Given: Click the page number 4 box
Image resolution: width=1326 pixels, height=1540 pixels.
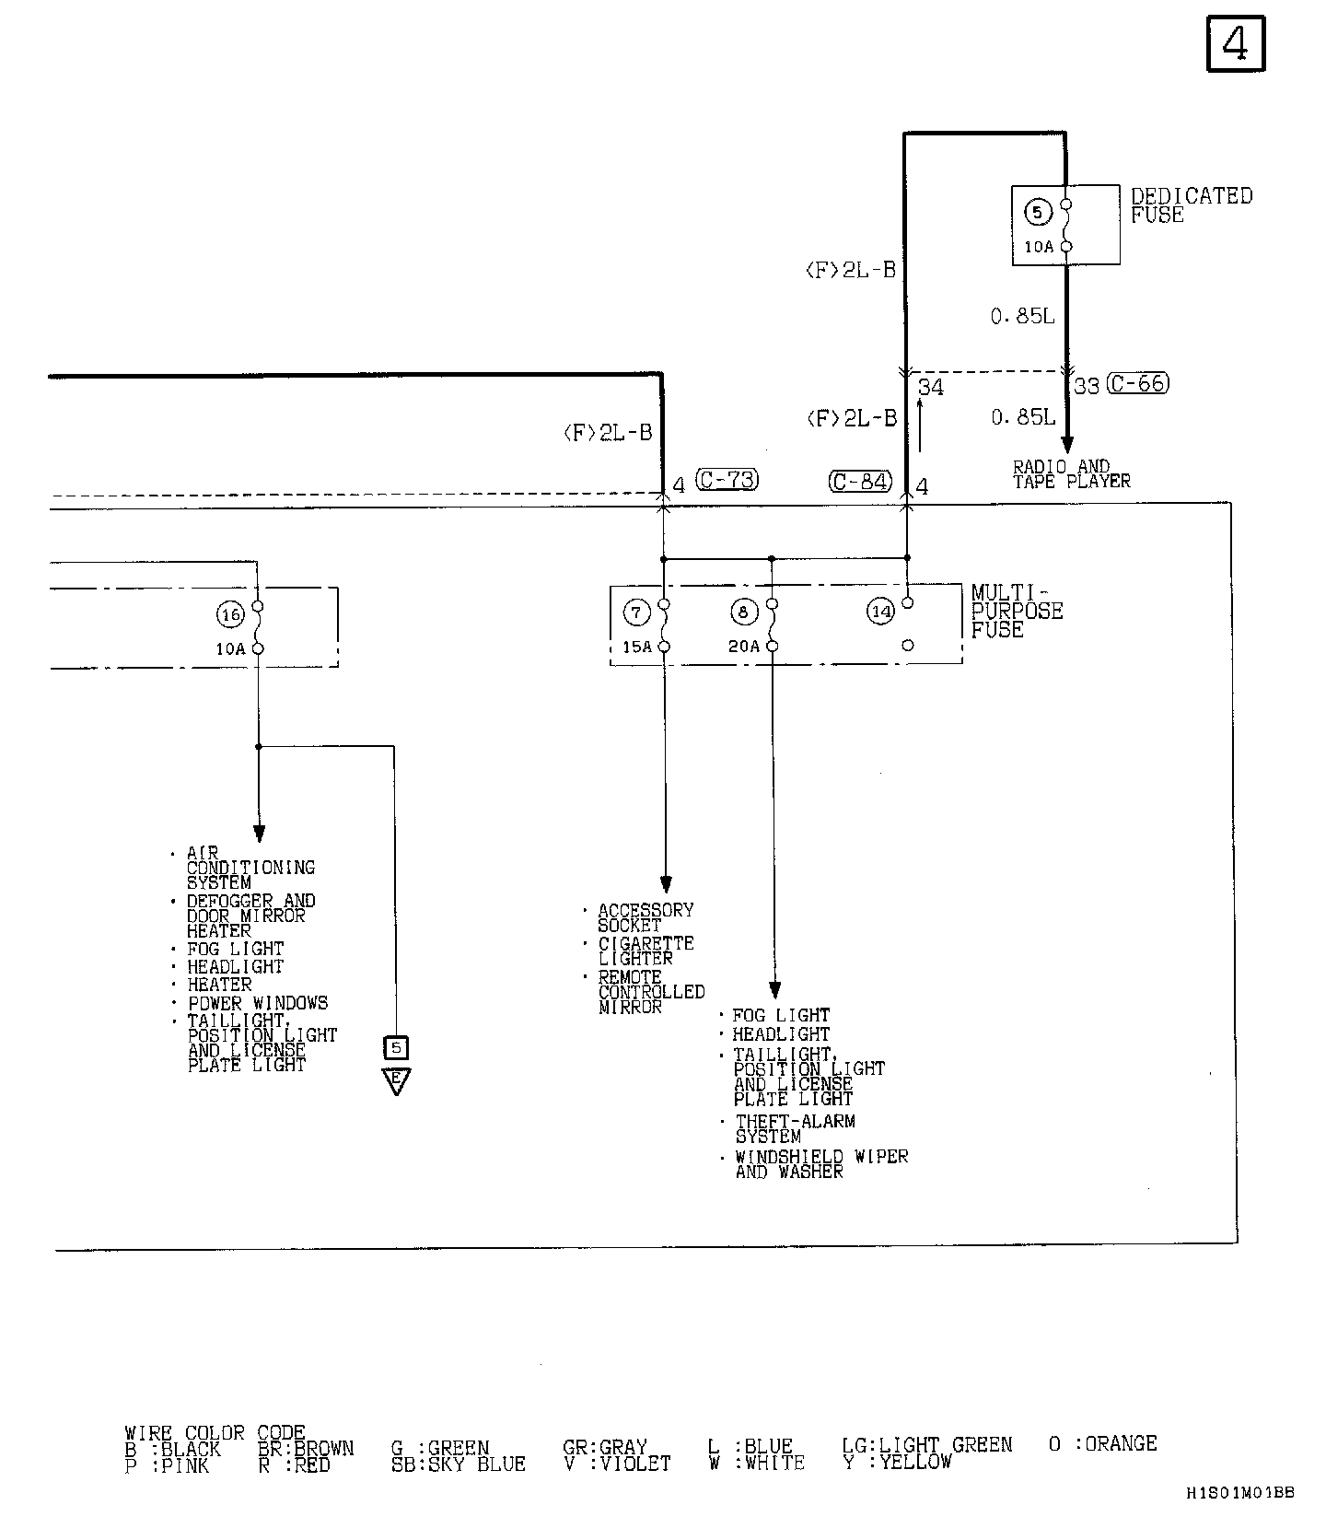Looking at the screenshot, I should click(x=1236, y=43).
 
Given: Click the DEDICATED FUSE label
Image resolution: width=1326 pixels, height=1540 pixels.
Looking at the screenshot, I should click(x=1191, y=205).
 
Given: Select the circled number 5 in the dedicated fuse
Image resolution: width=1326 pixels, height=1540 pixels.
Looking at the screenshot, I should click(x=1038, y=213).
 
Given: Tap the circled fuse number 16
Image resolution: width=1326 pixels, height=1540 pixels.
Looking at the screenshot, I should click(x=229, y=614).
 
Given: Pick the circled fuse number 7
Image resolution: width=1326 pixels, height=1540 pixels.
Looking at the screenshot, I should click(x=636, y=612).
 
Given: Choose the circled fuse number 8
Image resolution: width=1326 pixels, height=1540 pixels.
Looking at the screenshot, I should click(x=744, y=612).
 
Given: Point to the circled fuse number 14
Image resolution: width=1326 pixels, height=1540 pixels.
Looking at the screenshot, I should click(x=881, y=611).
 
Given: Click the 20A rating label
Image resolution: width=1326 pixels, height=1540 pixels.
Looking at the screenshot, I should click(x=744, y=647).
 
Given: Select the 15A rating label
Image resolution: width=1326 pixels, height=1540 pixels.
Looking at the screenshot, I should click(x=637, y=647).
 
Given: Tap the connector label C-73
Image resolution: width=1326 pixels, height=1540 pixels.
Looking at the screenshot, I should click(x=727, y=480).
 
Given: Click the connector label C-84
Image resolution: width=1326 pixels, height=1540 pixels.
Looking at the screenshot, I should click(x=860, y=481).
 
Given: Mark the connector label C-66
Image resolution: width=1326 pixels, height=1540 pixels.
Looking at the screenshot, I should click(x=1137, y=383).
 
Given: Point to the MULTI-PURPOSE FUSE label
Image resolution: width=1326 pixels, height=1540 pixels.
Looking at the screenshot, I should click(x=1016, y=612).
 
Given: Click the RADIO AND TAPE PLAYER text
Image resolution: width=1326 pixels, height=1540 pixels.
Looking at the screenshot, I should click(x=1071, y=474).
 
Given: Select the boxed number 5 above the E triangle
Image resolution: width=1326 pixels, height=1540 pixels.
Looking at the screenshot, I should click(x=397, y=1047).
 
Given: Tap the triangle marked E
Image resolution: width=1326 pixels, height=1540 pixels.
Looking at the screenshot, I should click(x=397, y=1079).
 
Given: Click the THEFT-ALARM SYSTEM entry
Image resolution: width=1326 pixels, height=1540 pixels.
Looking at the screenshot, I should click(x=795, y=1129).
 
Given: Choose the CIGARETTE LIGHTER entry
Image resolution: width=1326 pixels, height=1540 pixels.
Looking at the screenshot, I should click(x=646, y=951).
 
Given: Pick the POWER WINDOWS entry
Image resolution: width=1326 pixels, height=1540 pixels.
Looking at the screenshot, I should click(x=258, y=1003).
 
